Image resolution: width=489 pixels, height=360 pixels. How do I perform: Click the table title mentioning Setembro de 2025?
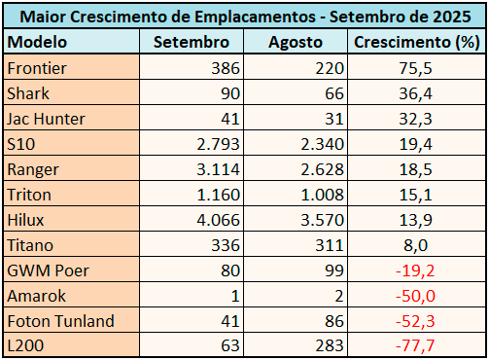[x=244, y=17]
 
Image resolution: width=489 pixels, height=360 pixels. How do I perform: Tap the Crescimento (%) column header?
[x=416, y=43]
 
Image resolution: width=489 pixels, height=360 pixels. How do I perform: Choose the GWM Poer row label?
[x=45, y=270]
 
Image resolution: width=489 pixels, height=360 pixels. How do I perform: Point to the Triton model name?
[x=28, y=194]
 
